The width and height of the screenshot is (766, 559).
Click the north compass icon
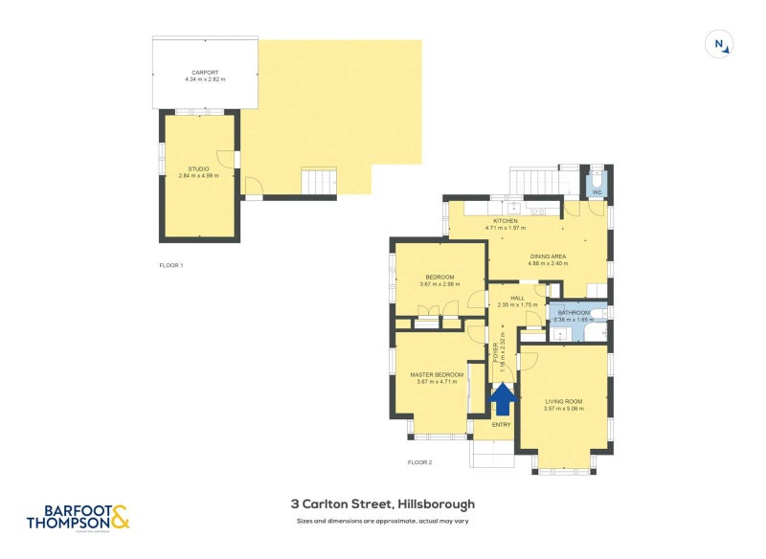719,44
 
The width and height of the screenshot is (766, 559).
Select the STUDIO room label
198,169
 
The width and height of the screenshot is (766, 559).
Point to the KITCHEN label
505,221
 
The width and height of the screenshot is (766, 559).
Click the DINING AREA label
549,257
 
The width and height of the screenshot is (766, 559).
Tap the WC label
597,192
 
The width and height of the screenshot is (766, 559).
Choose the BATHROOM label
574,313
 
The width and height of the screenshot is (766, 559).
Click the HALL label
517,299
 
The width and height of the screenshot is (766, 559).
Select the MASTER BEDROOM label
437,374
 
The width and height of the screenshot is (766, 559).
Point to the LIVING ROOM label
563,401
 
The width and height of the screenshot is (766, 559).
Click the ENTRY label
502,424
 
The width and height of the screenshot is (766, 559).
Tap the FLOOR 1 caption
170,265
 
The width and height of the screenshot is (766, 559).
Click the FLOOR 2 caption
419,462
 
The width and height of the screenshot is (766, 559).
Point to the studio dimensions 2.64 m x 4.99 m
198,176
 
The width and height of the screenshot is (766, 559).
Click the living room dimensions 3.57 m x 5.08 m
563,409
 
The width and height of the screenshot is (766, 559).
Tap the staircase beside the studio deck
320,180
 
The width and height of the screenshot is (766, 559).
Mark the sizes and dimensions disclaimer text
383,522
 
